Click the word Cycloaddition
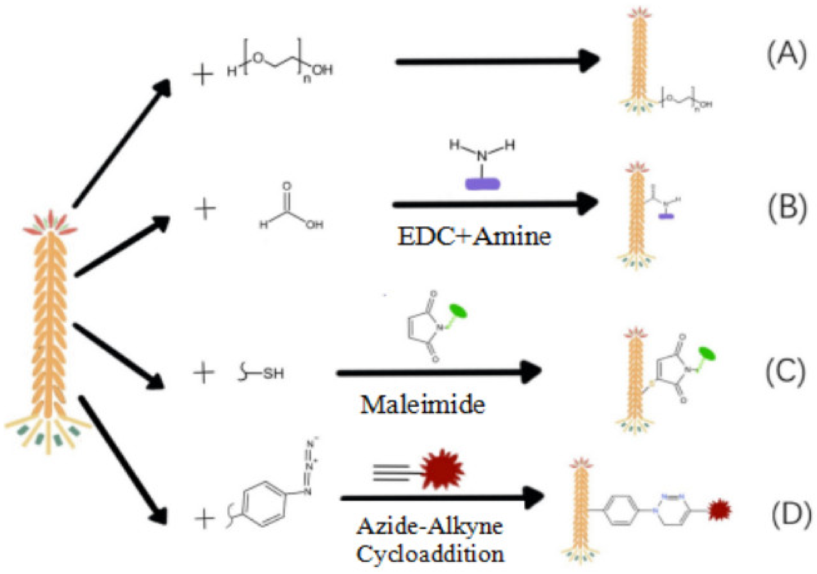coord(431,554)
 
